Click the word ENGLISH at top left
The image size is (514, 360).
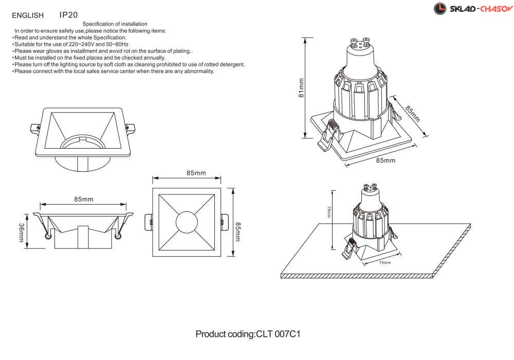coord(28,15)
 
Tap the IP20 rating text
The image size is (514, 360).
coord(68,15)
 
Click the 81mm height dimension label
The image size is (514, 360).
coord(301,88)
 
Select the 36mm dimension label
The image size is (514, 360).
coord(21,233)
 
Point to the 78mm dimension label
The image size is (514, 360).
coord(328,212)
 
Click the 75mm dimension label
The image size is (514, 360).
coord(385,263)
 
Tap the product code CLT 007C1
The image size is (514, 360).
coord(278,334)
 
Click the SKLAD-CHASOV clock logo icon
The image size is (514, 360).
coord(439,9)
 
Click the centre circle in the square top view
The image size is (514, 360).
coord(187,222)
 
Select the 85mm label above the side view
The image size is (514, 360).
coord(84,200)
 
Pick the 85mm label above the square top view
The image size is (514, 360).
coord(196,173)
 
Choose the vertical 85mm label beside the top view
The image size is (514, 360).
coord(238,232)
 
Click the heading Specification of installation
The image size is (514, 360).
coord(115,24)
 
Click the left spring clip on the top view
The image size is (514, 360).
coord(149,222)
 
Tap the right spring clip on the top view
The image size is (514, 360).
coord(225,222)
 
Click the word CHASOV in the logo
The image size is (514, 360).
coord(497,9)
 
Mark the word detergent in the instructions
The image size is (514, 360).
coord(232,65)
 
